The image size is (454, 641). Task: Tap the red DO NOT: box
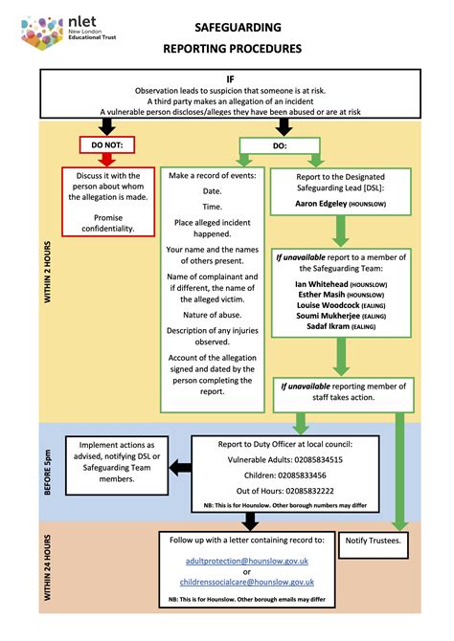pos(107,145)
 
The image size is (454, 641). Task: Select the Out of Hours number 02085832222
pos(306,489)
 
